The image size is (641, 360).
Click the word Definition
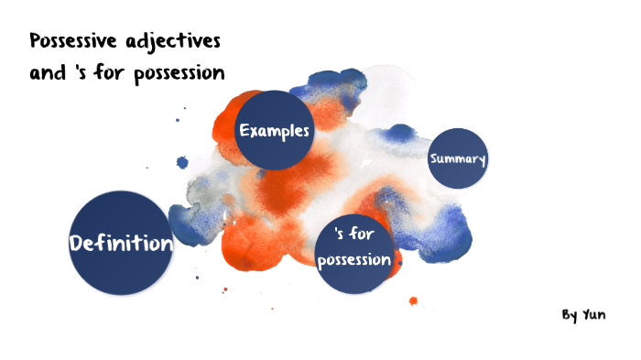click(x=121, y=244)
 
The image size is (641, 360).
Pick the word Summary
click(x=457, y=159)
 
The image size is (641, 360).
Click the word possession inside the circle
click(x=353, y=260)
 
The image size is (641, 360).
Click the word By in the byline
click(x=570, y=315)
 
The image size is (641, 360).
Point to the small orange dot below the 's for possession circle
click(x=413, y=300)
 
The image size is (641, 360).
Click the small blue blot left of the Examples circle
click(x=182, y=163)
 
